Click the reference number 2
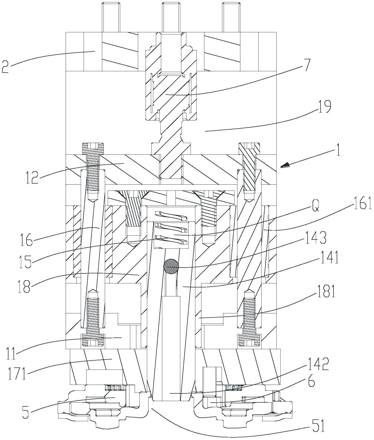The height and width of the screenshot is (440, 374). click(6, 66)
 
